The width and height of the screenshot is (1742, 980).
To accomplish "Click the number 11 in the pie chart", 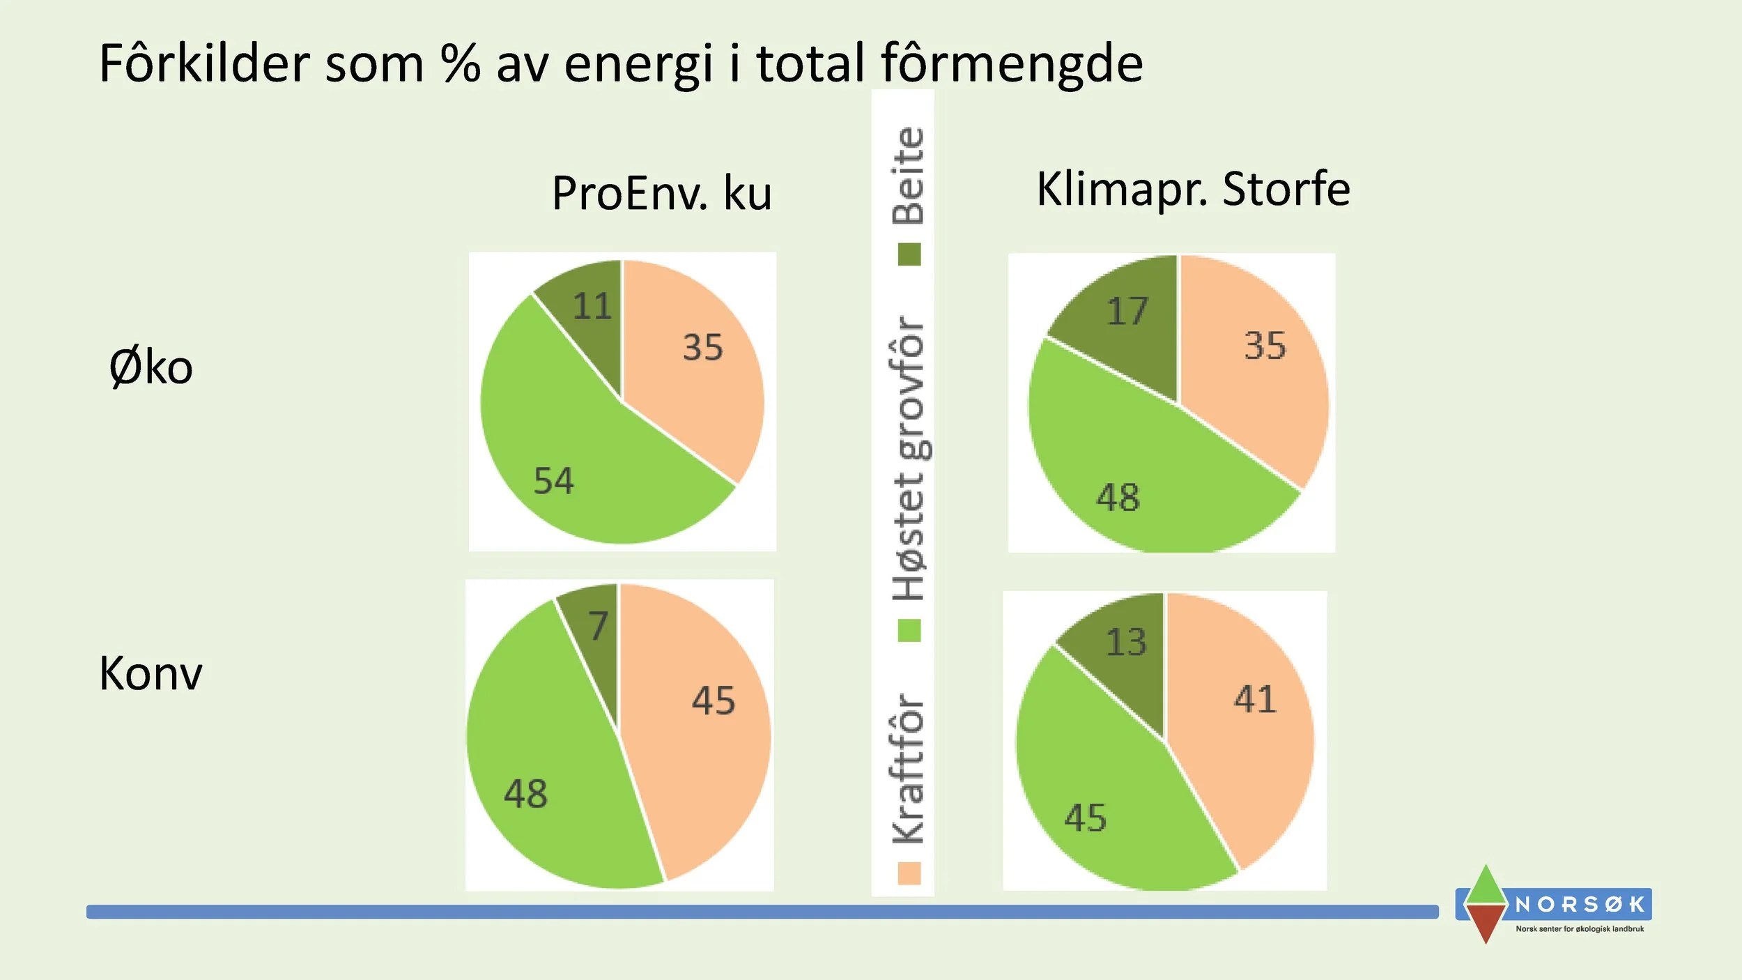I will pyautogui.click(x=592, y=306).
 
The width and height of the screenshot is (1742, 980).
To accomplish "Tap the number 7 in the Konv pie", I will pyautogui.click(x=598, y=625).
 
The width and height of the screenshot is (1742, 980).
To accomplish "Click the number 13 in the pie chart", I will pyautogui.click(x=1125, y=642).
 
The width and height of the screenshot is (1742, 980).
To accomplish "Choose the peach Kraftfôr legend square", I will pyautogui.click(x=909, y=873).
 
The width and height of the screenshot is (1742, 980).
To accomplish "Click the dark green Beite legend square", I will pyautogui.click(x=909, y=254).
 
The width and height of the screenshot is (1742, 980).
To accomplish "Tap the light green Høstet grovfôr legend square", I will pyautogui.click(x=909, y=631).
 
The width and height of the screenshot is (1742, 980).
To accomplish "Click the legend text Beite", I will pyautogui.click(x=909, y=176).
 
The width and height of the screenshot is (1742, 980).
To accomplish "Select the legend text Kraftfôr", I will pyautogui.click(x=909, y=768).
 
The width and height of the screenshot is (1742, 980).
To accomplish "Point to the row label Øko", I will pyautogui.click(x=151, y=367).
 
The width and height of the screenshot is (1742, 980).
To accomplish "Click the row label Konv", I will pyautogui.click(x=151, y=673).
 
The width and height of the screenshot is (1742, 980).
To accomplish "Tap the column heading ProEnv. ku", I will pyautogui.click(x=661, y=193).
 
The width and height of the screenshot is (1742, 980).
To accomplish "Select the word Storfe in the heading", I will pyautogui.click(x=1286, y=189).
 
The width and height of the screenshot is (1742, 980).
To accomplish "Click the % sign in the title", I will pyautogui.click(x=460, y=63).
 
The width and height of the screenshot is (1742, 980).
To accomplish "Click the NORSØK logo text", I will pyautogui.click(x=1579, y=905).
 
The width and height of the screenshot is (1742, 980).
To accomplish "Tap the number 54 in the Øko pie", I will pyautogui.click(x=554, y=481).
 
